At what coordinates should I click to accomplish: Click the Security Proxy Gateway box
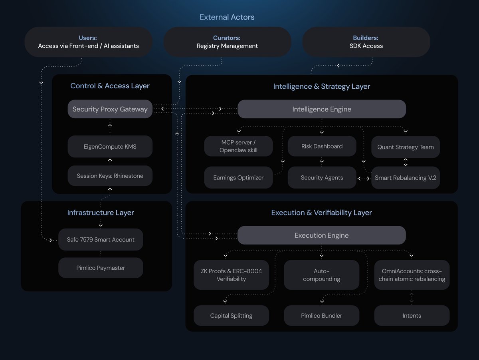click(x=110, y=109)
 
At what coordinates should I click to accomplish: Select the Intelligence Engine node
click(x=322, y=109)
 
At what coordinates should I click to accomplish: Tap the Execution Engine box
click(x=321, y=235)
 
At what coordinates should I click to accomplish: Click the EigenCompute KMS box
click(x=110, y=147)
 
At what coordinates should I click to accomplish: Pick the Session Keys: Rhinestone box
click(x=110, y=176)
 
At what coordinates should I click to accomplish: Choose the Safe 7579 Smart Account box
click(x=101, y=240)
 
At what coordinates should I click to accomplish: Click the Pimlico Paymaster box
click(x=101, y=268)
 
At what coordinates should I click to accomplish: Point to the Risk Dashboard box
click(x=322, y=146)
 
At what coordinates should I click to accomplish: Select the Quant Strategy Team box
click(x=405, y=147)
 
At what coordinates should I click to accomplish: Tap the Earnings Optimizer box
click(x=238, y=178)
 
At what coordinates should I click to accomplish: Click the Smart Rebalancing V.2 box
click(x=405, y=178)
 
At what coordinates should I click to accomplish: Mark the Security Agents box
click(x=322, y=178)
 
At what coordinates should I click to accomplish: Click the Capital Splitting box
click(x=231, y=316)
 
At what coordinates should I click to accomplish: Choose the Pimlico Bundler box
click(x=321, y=316)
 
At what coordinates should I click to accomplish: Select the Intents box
click(x=412, y=316)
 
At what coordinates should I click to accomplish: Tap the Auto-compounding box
click(x=321, y=275)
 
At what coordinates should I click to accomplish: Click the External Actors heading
click(x=227, y=17)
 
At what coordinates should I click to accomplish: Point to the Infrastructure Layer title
click(x=101, y=213)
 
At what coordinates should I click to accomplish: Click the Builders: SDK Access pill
click(x=366, y=42)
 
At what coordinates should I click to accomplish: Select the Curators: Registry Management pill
click(x=227, y=42)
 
